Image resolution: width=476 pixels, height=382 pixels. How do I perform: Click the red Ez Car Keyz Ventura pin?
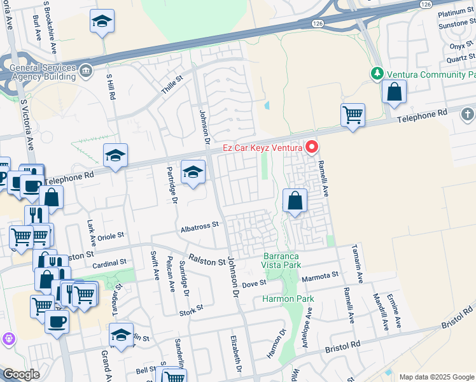coord(312,148)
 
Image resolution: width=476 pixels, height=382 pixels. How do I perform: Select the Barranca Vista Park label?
coord(281,260)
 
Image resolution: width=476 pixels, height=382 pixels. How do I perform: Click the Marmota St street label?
coord(319,275)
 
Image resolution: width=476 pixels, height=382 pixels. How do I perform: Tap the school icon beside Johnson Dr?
coord(193,172)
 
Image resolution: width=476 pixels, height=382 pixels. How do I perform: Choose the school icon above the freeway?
coord(102,22)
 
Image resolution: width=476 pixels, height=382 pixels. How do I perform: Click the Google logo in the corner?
coord(21,374)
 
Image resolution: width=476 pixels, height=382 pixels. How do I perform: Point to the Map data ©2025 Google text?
coord(437,377)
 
